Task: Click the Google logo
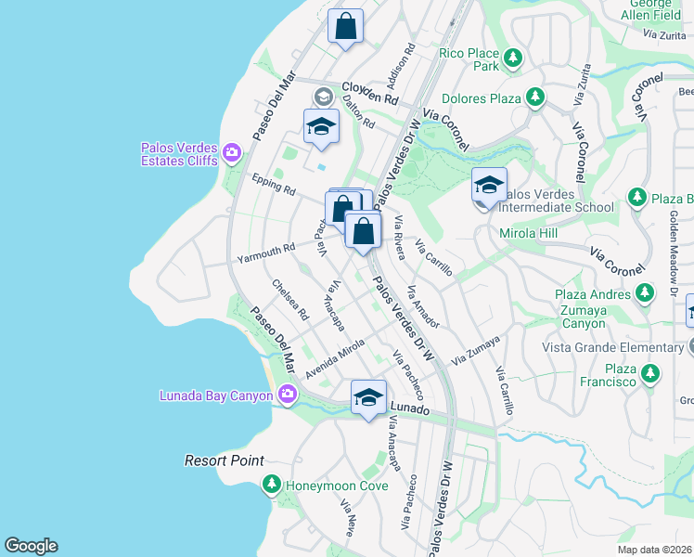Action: pyautogui.click(x=31, y=546)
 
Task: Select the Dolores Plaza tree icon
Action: pyautogui.click(x=534, y=97)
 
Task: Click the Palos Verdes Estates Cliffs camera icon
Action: pyautogui.click(x=231, y=152)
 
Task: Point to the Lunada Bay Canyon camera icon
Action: pyautogui.click(x=287, y=395)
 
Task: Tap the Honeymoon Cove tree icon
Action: pyautogui.click(x=271, y=484)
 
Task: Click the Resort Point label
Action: pyautogui.click(x=224, y=460)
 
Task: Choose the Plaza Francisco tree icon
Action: pyautogui.click(x=649, y=374)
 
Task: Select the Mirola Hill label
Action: pyautogui.click(x=529, y=233)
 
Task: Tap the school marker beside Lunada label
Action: pyautogui.click(x=368, y=398)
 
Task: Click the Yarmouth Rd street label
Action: pyautogui.click(x=265, y=251)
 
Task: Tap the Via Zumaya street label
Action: pyautogui.click(x=476, y=350)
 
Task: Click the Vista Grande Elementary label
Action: pyautogui.click(x=614, y=347)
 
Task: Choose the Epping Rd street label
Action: pyautogui.click(x=273, y=183)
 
